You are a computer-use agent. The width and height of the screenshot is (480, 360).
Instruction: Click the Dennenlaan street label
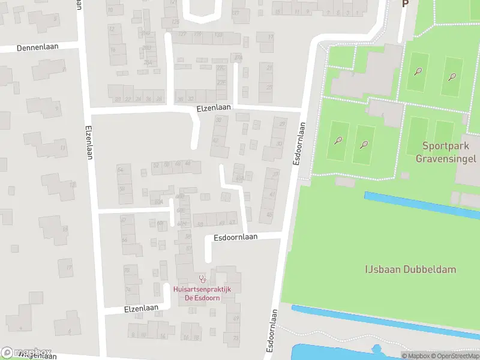point(37,47)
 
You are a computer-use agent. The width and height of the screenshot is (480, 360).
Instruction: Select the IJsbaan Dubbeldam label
point(411,269)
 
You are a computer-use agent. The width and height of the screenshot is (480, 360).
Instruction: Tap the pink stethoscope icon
point(203,279)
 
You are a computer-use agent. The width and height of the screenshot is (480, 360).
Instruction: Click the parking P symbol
point(404,4)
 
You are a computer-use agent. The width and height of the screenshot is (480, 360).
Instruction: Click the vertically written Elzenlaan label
point(88,137)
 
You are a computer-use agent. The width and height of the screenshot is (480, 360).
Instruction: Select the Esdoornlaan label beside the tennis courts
point(298,144)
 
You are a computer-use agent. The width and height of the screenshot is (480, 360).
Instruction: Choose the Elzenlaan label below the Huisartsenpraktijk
point(141,308)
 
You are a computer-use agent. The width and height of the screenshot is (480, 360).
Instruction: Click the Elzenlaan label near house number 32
point(214,107)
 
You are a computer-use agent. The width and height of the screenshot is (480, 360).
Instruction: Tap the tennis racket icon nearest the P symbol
point(418,71)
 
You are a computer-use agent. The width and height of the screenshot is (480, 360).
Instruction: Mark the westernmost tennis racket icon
point(338,140)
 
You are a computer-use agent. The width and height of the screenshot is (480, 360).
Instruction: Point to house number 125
point(175,22)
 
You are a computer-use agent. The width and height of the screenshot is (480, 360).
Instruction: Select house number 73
point(236,338)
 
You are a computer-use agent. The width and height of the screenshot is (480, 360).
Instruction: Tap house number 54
point(120,170)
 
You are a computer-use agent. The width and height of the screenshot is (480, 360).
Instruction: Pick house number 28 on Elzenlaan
point(158,99)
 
